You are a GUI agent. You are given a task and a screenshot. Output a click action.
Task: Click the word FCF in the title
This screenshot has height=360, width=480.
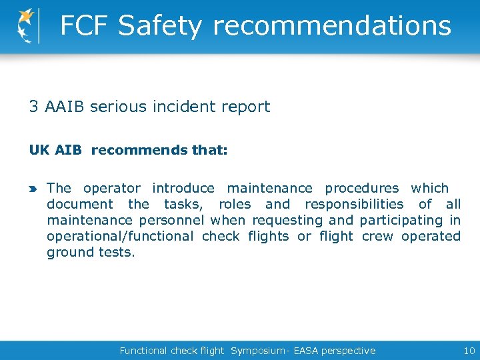(84, 26)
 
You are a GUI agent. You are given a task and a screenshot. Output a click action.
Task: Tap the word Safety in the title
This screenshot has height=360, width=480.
(160, 26)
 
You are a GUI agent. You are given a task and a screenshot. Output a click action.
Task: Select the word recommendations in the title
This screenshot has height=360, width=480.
(331, 26)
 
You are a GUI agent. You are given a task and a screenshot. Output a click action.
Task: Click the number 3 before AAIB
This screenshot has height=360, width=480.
(33, 107)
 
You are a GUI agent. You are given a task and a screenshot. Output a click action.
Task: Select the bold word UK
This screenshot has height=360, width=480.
(39, 150)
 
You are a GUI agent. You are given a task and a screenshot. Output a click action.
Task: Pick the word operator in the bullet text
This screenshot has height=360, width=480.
(112, 189)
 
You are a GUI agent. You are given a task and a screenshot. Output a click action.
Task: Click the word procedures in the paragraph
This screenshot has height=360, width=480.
(361, 189)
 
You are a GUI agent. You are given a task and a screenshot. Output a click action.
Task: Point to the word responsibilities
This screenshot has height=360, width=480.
(354, 205)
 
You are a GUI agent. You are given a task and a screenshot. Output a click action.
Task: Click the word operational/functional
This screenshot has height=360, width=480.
(120, 237)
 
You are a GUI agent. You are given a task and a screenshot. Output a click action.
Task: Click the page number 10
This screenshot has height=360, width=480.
(469, 350)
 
